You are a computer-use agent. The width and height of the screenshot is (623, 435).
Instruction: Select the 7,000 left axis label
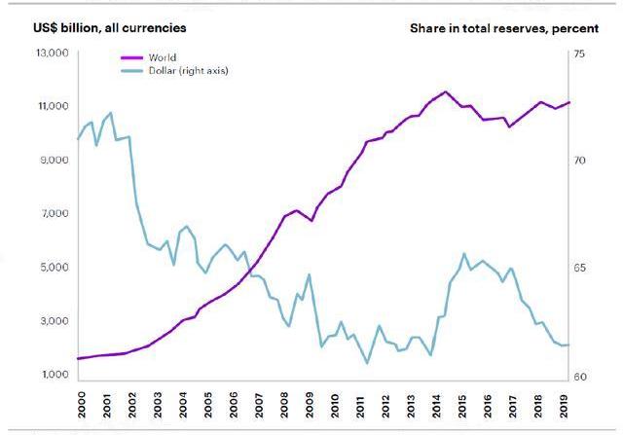[44, 214]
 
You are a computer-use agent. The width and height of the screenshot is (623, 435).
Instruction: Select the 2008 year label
[283, 403]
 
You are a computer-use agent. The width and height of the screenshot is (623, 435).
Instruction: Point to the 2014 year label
[437, 403]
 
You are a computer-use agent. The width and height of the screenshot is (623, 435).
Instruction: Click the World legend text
[163, 58]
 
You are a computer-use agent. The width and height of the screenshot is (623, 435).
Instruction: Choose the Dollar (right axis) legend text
[188, 71]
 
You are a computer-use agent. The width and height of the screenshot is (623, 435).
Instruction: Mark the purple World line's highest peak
[445, 91]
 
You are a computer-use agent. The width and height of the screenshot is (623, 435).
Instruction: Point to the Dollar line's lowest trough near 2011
[367, 363]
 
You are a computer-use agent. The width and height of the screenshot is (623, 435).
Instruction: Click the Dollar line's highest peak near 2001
[110, 113]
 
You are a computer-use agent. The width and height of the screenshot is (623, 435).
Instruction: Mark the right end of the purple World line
[569, 102]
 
